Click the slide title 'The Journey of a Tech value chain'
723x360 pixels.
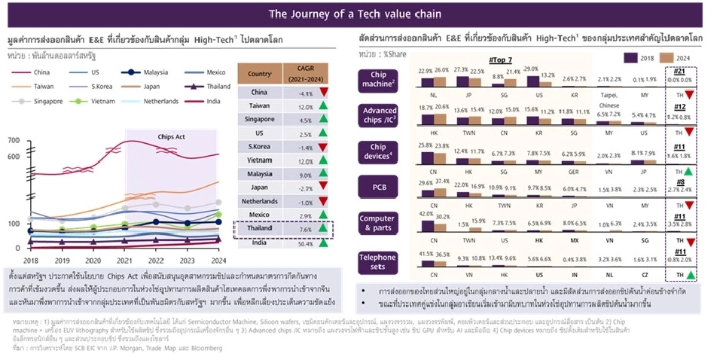[361, 14]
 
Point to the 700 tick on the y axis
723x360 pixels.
[13, 141]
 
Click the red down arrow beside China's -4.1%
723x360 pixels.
[322, 93]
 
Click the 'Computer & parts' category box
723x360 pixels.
[380, 224]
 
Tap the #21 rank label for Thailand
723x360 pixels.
[682, 70]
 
